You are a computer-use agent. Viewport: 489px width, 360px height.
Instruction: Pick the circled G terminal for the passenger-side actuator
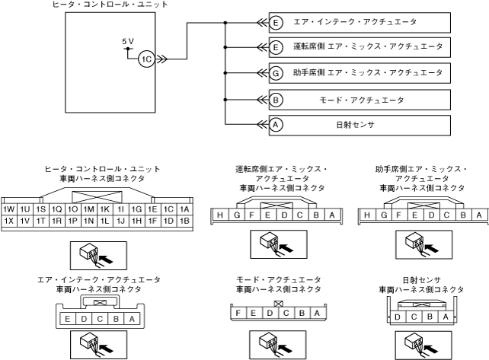point(276,73)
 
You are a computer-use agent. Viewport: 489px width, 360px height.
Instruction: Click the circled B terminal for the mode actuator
point(276,100)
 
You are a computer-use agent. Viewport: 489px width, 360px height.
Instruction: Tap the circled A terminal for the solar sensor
point(276,124)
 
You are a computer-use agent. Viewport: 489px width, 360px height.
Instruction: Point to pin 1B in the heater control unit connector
point(184,221)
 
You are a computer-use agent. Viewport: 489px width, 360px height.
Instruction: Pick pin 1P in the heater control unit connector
point(72,221)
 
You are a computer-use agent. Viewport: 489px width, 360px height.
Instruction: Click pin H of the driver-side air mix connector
point(220,215)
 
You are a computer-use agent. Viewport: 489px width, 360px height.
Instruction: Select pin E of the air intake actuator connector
point(69,318)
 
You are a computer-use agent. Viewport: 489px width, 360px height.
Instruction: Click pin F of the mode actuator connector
point(241,313)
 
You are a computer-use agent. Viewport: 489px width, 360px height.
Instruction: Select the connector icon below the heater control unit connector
point(95,256)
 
